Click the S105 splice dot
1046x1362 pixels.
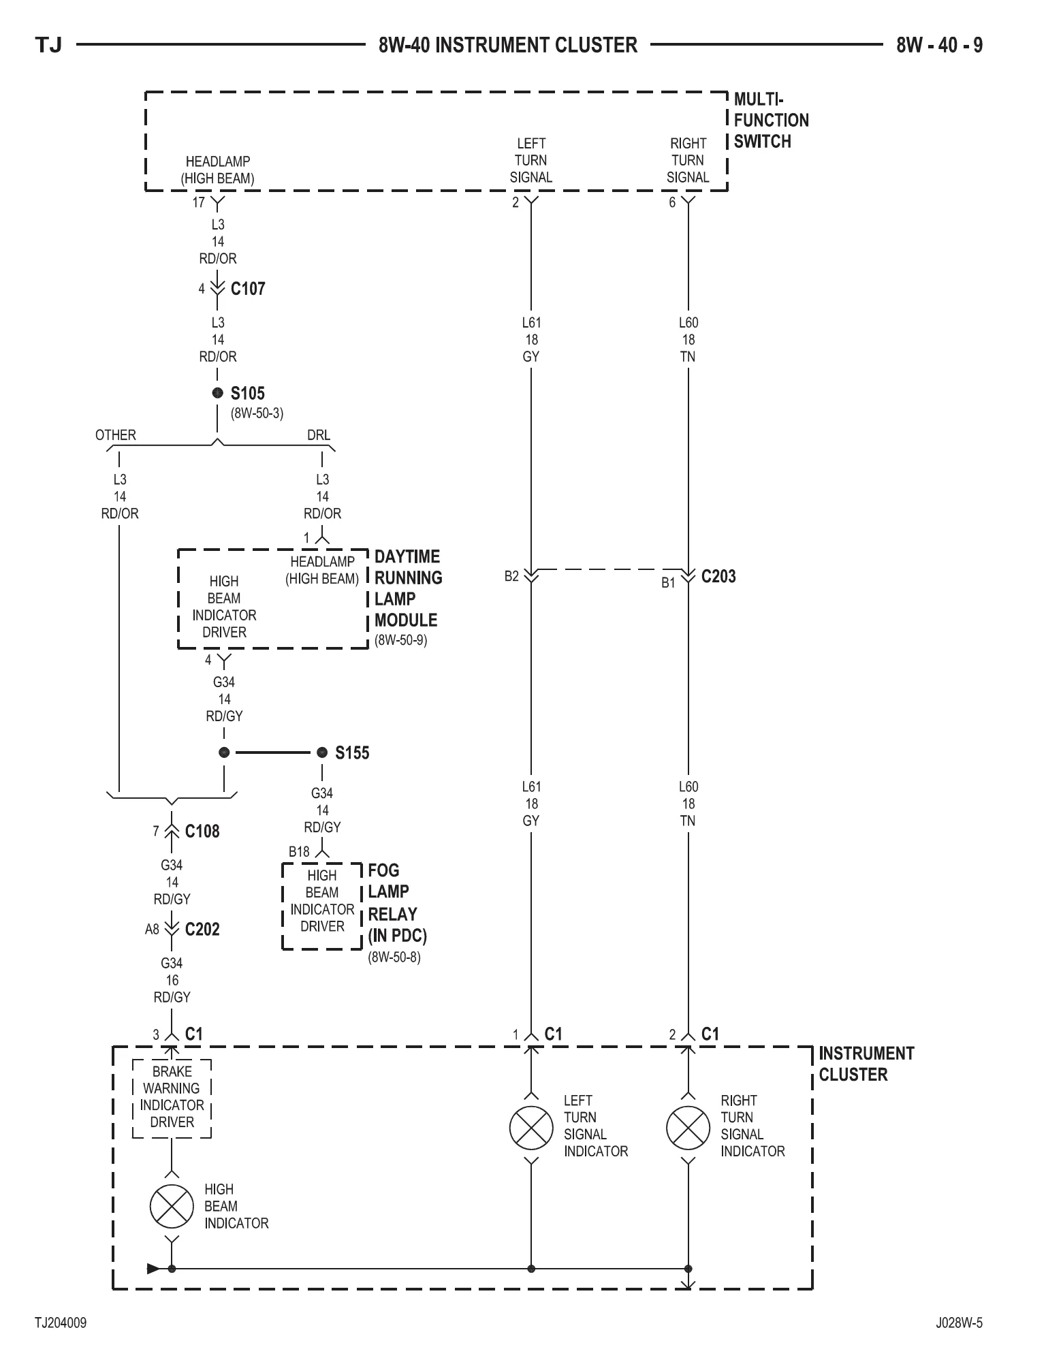[217, 393]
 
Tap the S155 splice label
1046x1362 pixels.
[352, 753]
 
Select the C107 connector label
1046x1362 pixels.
[248, 289]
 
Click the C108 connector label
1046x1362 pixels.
[202, 831]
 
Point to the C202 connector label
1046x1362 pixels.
[202, 929]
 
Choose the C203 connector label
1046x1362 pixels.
[718, 576]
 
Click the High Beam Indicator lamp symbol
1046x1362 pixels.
[172, 1206]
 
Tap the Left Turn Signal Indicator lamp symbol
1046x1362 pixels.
[531, 1127]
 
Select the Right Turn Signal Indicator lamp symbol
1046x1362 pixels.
[688, 1127]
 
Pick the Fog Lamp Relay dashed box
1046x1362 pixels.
[321, 906]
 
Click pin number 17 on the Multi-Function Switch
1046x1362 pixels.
[199, 202]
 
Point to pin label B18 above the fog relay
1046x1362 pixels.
[299, 851]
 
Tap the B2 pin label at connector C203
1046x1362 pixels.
[511, 576]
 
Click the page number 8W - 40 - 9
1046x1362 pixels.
[939, 45]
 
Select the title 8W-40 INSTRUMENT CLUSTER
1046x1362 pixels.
[508, 45]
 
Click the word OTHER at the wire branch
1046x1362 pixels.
[116, 434]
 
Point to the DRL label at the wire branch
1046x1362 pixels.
[319, 434]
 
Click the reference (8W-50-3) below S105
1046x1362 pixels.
[257, 413]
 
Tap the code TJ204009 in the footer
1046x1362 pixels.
[61, 1323]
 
